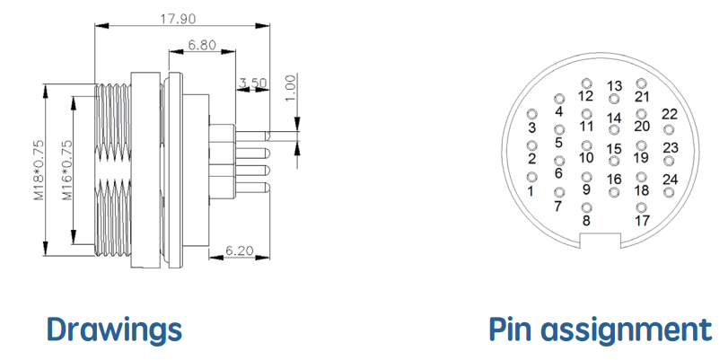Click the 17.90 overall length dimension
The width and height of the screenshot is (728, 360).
click(x=179, y=19)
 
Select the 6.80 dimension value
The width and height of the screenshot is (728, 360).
click(x=202, y=45)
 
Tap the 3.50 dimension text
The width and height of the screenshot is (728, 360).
click(x=253, y=83)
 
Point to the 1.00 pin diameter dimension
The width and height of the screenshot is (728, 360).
click(x=291, y=89)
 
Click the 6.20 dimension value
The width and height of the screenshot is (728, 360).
click(x=240, y=250)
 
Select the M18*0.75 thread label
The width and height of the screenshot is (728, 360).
click(x=39, y=171)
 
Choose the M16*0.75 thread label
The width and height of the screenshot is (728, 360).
click(x=68, y=171)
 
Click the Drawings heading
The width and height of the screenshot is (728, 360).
click(x=114, y=329)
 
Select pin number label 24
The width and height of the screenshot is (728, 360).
click(x=670, y=179)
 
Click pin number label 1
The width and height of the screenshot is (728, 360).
click(x=531, y=191)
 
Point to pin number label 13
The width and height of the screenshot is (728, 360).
click(x=614, y=86)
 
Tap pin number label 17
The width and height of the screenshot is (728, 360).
click(x=642, y=220)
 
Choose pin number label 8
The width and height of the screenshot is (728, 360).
click(x=586, y=221)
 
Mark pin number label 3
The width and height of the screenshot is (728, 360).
click(x=532, y=127)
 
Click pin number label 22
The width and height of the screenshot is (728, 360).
click(x=670, y=114)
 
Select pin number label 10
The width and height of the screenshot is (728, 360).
click(x=586, y=158)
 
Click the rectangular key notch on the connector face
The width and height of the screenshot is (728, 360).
click(x=601, y=241)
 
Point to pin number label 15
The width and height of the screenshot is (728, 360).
click(x=614, y=149)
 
